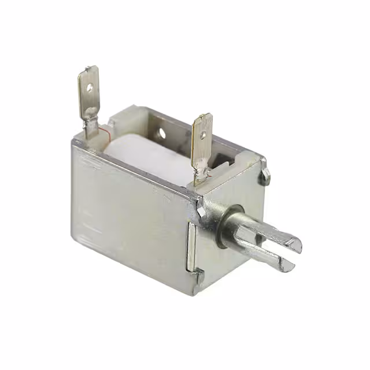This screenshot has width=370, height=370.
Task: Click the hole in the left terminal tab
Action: [90, 88]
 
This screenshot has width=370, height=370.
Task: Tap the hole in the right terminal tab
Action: [203, 136]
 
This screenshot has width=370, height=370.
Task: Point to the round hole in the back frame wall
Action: [161, 134]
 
